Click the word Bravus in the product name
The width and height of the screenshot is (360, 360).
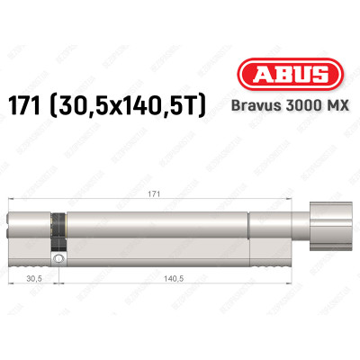pos(247,111)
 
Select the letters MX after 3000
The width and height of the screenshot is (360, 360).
pos(321,111)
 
